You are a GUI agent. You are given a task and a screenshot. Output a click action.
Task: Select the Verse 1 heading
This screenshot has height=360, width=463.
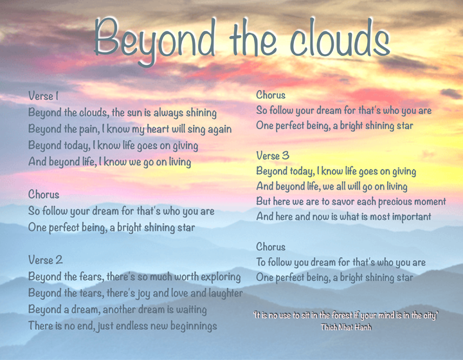click(43, 96)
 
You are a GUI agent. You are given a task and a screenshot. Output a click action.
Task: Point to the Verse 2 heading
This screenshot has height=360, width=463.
click(45, 260)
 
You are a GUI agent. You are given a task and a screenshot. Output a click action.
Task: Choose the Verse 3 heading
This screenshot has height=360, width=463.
click(273, 156)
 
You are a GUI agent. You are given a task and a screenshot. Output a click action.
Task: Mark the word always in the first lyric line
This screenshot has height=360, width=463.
click(168, 113)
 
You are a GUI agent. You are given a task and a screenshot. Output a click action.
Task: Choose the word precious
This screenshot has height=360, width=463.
click(394, 201)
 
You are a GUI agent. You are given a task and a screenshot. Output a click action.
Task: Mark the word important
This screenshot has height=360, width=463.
click(405, 217)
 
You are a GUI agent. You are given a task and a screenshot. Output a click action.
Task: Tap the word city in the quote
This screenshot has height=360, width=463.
click(430, 315)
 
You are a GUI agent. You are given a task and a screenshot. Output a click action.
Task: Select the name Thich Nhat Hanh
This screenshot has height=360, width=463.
click(346, 327)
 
